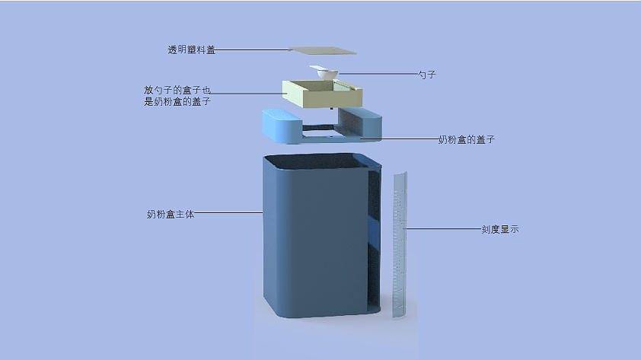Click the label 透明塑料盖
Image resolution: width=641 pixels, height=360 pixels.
pos(191,50)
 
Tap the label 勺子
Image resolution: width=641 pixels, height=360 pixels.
pos(426,75)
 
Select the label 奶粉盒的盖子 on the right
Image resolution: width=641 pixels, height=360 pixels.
pos(467,140)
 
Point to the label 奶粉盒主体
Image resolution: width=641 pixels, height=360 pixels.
pos(171,215)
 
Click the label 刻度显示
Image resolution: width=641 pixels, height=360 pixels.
pos(500,228)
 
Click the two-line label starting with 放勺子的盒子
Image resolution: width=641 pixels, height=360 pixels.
pos(177,95)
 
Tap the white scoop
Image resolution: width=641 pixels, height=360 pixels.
pos(325,73)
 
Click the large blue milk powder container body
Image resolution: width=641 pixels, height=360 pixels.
pos(312,244)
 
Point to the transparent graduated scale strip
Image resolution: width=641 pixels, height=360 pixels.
pos(399,244)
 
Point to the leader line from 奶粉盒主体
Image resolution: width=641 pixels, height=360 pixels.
pos(228,214)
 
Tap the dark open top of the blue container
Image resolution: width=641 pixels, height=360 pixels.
pos(320,161)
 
